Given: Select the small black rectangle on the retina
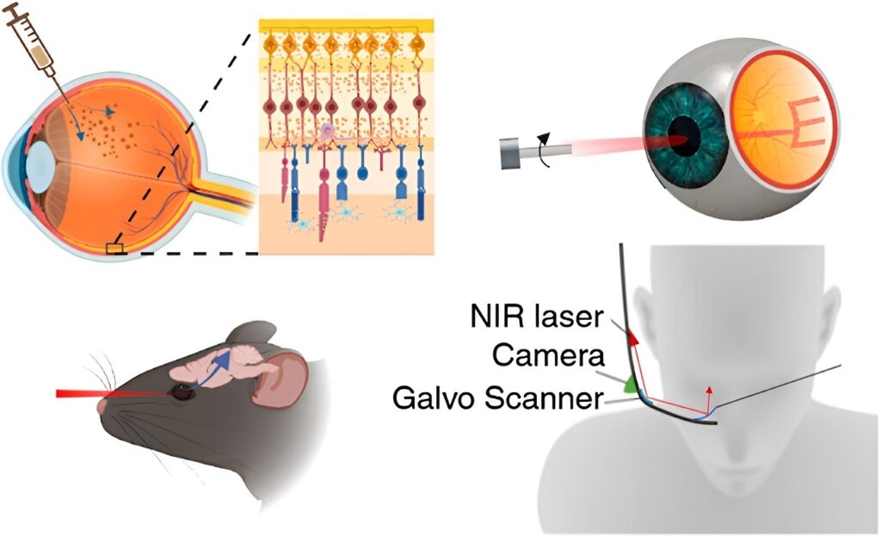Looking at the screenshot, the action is (114, 248).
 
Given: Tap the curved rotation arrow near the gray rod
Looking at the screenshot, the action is (543, 150).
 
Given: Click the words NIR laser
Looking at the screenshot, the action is (537, 317).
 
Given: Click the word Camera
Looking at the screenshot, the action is (548, 355).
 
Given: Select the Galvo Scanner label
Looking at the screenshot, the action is (498, 397).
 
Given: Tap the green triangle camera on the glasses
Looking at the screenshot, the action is (631, 385).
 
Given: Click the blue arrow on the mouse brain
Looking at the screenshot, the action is (217, 370).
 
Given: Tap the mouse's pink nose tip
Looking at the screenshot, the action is (102, 406).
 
